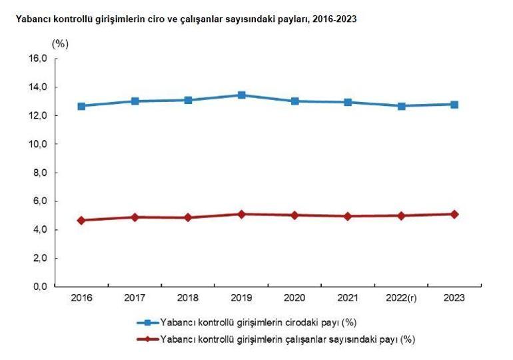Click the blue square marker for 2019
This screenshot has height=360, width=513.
241,95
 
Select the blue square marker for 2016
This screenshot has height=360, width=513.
81,106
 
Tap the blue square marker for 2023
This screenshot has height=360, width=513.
454,105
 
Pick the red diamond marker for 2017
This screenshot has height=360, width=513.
135,217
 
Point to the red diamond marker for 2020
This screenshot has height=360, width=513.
294,215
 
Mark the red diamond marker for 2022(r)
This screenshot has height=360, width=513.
401,216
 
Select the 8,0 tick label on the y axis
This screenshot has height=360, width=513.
37,173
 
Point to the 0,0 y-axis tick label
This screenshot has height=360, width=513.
37,287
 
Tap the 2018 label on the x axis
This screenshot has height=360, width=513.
188,297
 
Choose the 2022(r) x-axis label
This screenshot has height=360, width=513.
401,297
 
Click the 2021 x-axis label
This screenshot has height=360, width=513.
348,297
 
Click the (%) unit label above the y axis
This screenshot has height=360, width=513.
60,43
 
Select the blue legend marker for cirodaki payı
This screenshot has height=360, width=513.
148,322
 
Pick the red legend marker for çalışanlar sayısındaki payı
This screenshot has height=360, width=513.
148,339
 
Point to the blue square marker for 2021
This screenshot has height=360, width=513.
348,103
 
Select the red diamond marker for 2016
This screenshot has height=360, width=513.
81,221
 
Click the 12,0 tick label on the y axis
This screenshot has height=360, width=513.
37,116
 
